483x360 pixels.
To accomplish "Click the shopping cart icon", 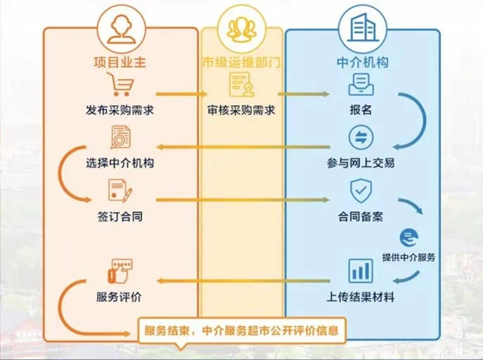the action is coord(121,84).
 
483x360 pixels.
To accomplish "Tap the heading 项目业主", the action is coord(120,62).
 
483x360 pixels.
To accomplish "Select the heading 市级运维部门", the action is coord(241,62).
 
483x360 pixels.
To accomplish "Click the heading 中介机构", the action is coord(362,62).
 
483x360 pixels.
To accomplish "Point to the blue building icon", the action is coord(362,28).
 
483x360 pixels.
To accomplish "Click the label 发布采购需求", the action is coord(120,110).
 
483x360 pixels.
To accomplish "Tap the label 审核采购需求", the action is coord(241,110).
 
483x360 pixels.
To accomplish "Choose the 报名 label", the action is coord(361,109).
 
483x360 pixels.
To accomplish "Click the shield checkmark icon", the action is coord(361,191).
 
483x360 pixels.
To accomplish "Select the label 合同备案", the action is coord(361,217).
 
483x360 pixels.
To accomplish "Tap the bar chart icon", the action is coord(361,271).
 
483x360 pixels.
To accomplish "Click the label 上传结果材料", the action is coord(361,297).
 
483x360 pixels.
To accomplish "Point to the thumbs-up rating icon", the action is coord(120,271).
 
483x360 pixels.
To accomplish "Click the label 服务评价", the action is coord(119,297).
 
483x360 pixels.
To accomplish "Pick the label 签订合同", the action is coord(120,217).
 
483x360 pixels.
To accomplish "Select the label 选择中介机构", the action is coord(120,163).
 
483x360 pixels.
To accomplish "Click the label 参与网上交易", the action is coord(361,163).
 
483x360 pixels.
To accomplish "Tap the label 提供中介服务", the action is coord(409,257).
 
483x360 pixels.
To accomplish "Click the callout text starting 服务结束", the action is coord(241,331).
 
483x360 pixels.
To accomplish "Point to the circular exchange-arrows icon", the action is coord(361,137).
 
